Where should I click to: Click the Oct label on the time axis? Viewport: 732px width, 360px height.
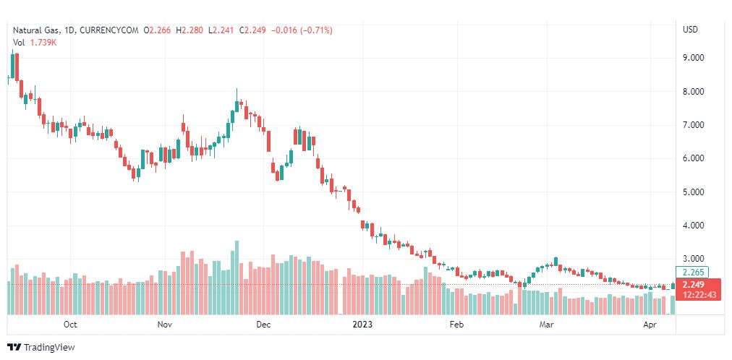[x=70, y=325]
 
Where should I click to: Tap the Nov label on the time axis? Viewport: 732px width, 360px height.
[x=165, y=325]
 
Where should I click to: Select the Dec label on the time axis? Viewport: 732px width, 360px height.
[x=263, y=325]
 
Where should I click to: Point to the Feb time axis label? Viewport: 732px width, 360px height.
[x=456, y=325]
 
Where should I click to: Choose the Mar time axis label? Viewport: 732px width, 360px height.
[x=547, y=325]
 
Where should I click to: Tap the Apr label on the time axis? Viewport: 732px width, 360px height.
[x=649, y=325]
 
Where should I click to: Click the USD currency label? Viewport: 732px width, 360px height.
[x=690, y=30]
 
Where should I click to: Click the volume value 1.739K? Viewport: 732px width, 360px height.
[x=43, y=43]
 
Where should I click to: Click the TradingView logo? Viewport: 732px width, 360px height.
[x=41, y=348]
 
